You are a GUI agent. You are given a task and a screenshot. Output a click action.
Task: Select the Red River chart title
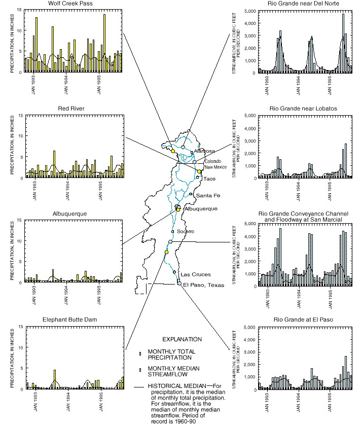coord(71,108)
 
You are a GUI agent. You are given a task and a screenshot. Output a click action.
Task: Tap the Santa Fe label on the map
coord(206,195)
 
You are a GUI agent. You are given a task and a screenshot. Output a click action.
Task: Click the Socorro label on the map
coord(186,231)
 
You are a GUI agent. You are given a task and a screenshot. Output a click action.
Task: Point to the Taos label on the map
coord(210,179)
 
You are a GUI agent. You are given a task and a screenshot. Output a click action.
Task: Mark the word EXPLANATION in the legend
coord(182,339)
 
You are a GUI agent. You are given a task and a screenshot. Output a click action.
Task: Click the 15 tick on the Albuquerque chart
coord(19,220)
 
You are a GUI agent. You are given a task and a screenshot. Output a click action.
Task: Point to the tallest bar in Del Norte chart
coord(343,43)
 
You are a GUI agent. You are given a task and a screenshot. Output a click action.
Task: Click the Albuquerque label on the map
coord(201,209)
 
